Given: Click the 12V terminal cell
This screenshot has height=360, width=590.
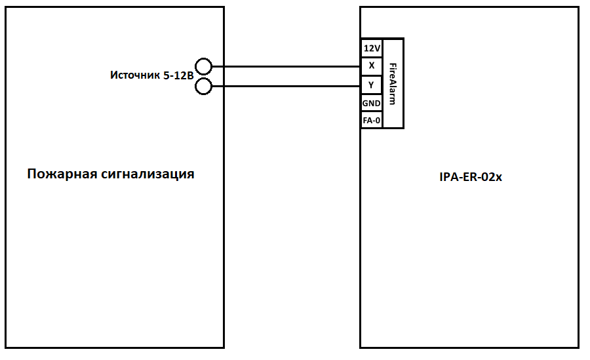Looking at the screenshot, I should click(x=372, y=49).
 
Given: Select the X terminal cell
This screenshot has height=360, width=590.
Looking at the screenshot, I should click(x=372, y=66).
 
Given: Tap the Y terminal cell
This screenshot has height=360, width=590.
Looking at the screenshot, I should click(x=372, y=84).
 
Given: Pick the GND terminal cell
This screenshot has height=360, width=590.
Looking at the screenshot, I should click(x=372, y=103).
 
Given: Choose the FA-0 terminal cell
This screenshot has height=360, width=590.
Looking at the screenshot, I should click(x=372, y=120).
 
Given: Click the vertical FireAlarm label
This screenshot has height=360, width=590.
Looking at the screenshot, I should click(x=393, y=83).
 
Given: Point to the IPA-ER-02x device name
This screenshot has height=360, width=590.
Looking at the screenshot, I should click(x=470, y=176).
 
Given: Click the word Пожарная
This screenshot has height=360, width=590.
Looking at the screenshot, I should click(x=62, y=174).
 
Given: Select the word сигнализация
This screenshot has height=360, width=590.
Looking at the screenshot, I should click(x=147, y=174).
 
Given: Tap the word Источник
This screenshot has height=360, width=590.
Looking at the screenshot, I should click(x=134, y=75).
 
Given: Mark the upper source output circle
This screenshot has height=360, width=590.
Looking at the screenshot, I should click(x=204, y=66).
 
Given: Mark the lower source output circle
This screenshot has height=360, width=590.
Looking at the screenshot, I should click(x=204, y=86).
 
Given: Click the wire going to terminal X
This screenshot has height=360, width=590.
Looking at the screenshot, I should click(x=285, y=66).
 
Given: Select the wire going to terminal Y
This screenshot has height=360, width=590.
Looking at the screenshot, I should click(x=285, y=86).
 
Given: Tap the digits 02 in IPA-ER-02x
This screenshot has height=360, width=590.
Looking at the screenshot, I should click(x=486, y=176).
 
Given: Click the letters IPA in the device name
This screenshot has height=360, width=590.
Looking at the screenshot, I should click(x=448, y=176).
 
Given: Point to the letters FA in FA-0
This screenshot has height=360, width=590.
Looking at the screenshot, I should click(x=368, y=120).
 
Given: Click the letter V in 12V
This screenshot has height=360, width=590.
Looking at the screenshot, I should click(x=377, y=49).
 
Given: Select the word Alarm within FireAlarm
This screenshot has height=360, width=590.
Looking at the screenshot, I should click(x=393, y=92).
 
